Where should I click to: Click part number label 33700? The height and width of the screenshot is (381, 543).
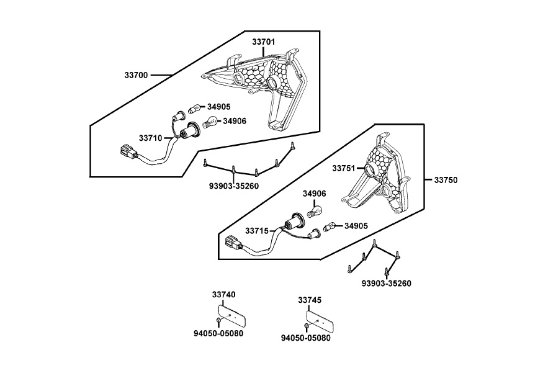(x=136, y=75)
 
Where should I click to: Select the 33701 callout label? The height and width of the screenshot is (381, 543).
(x=264, y=42)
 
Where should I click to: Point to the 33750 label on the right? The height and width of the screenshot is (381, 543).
(x=445, y=180)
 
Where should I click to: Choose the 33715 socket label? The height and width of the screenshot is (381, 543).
(x=256, y=231)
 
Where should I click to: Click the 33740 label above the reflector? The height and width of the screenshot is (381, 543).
(x=223, y=294)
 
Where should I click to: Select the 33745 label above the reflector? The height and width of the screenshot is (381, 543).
(x=310, y=300)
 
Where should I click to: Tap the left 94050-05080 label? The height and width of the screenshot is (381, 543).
(x=218, y=333)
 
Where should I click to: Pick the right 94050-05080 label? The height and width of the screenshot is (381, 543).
(x=305, y=338)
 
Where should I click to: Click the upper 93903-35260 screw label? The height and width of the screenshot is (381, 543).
(x=233, y=186)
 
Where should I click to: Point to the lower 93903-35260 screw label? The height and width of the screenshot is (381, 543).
(x=386, y=284)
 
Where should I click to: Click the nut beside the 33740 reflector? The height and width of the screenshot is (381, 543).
(x=218, y=320)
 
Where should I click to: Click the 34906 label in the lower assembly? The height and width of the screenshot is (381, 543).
(x=314, y=194)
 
